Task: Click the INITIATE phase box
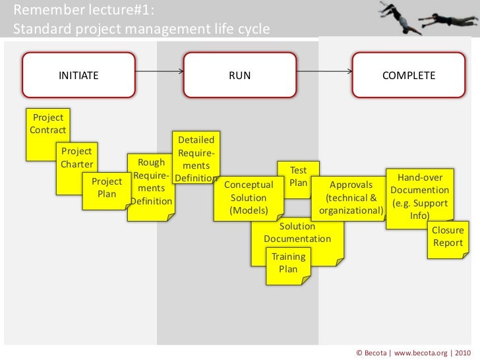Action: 79,75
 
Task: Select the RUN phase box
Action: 239,75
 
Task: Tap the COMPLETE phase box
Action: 409,75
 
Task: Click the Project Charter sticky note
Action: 76,158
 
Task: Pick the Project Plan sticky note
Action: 105,188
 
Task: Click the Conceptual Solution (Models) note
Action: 248,198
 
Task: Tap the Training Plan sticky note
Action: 288,263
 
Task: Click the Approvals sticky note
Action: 350,198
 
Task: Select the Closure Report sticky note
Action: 448,237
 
